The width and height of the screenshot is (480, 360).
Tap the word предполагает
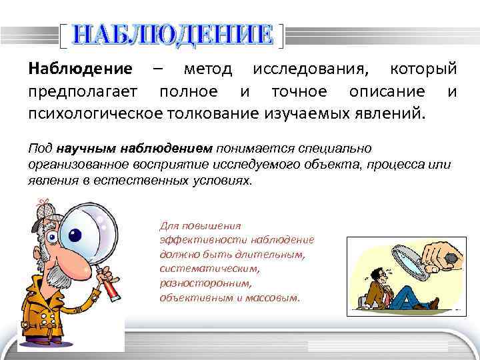(83, 90)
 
